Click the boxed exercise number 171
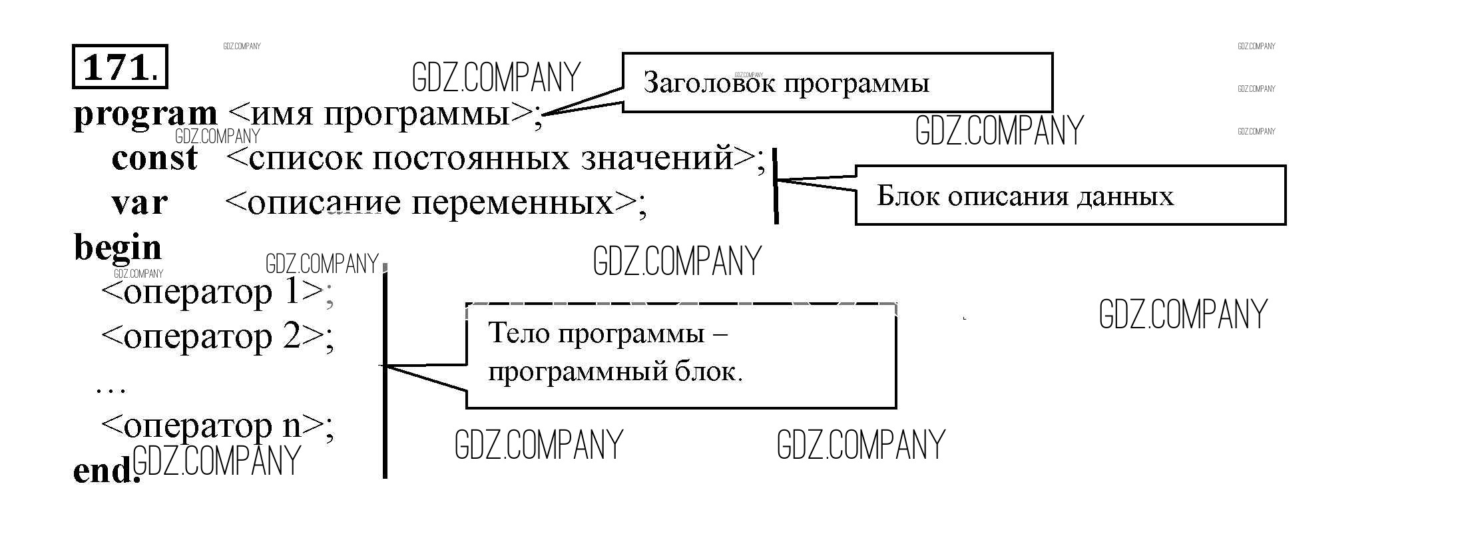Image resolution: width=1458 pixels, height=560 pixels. click(x=119, y=67)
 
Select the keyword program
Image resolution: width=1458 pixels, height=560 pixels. click(x=145, y=115)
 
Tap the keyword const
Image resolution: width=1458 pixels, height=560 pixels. click(x=154, y=158)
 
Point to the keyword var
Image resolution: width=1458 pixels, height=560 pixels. click(x=139, y=202)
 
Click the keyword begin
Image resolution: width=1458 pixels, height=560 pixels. click(x=117, y=248)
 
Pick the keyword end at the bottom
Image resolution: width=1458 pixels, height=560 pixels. click(x=103, y=471)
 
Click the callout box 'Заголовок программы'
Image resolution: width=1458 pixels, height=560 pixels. click(x=837, y=83)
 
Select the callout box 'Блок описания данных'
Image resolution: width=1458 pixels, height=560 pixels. click(x=1070, y=196)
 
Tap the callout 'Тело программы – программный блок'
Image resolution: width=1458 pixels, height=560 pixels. click(x=680, y=356)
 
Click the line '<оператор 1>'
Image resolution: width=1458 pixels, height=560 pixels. click(x=216, y=292)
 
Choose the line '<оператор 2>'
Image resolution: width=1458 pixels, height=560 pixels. click(x=216, y=336)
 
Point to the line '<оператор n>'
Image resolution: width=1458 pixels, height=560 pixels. click(x=216, y=425)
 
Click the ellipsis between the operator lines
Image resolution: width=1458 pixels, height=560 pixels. click(x=111, y=388)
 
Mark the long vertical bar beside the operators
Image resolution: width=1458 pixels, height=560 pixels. click(x=385, y=373)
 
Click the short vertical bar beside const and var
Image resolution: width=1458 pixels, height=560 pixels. click(x=776, y=186)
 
